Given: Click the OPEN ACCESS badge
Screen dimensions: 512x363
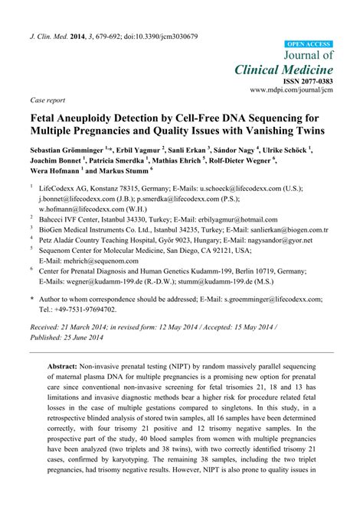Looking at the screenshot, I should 309,44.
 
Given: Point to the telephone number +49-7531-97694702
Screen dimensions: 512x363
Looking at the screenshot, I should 90,310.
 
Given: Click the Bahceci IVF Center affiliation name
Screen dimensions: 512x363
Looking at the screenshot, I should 80,219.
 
